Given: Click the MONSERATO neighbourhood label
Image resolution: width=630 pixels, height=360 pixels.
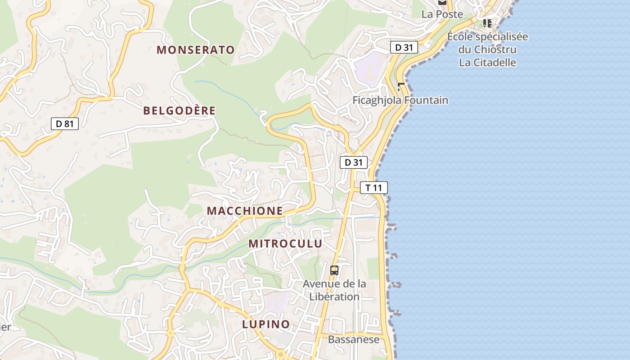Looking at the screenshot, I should [196, 50].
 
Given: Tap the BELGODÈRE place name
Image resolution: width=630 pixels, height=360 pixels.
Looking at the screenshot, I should [180, 111].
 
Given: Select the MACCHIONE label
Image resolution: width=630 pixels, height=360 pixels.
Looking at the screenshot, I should [245, 211].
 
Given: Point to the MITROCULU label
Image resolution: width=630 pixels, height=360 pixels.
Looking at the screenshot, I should [285, 244].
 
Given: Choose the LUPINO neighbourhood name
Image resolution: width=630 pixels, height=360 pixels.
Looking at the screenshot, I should [266, 324].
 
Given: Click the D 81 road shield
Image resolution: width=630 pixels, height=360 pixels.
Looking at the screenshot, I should [65, 124].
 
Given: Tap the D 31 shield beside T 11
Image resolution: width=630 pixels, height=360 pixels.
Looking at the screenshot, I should [354, 162].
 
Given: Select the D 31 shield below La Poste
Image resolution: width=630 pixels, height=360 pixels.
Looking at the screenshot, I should [404, 47].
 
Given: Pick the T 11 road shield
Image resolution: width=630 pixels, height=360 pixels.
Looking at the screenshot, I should [373, 188].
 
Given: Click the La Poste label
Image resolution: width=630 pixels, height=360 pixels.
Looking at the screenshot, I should [442, 14].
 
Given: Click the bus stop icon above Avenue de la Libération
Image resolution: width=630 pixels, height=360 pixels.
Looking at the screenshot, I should [334, 270].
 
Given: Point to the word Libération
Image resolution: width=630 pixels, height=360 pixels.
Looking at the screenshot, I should [334, 297].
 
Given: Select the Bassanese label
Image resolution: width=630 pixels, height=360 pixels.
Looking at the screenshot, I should [354, 339].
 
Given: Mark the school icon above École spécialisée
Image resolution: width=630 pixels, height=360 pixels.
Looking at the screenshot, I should [487, 23].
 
